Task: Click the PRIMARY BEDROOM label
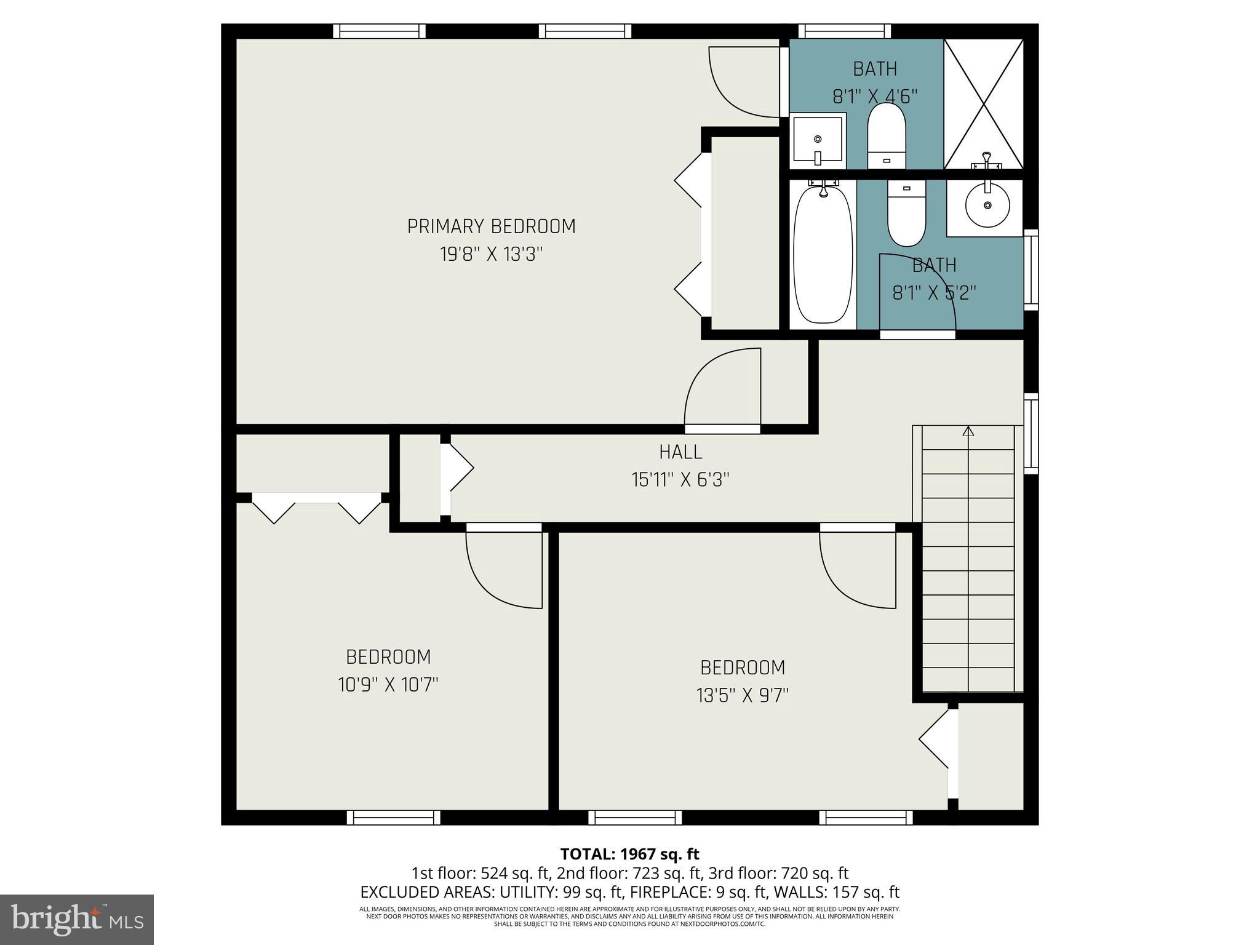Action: tap(491, 226)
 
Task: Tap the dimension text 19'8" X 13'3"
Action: tap(491, 254)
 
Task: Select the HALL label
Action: tap(680, 452)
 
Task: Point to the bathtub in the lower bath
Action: tap(823, 254)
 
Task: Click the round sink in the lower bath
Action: tap(987, 205)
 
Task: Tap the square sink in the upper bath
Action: tap(817, 140)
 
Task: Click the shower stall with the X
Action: tap(984, 103)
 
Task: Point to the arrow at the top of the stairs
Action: tap(968, 431)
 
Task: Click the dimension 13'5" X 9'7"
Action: tap(742, 695)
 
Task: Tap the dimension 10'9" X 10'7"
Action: tap(388, 684)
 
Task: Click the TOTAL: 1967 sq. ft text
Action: tap(629, 854)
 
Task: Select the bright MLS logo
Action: tap(77, 919)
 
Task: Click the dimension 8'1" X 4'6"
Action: tap(875, 97)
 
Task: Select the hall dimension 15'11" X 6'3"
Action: tap(680, 479)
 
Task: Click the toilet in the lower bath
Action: tap(906, 215)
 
